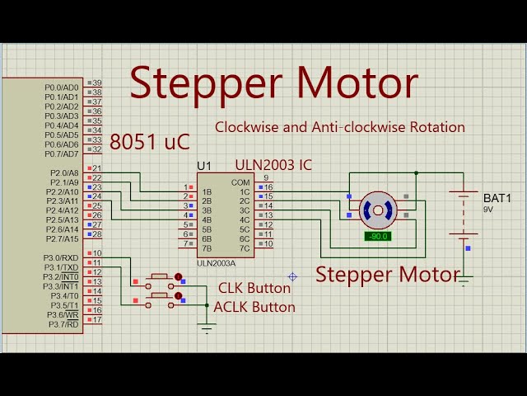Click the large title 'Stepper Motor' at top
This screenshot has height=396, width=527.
273,84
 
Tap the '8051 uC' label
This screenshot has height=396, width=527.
149,142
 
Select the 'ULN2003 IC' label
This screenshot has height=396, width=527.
273,165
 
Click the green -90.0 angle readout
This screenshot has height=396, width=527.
378,237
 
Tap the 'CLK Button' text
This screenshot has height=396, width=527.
254,288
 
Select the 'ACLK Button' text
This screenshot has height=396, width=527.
254,307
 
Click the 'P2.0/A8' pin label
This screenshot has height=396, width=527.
62,173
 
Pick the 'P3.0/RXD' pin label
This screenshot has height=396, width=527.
60,258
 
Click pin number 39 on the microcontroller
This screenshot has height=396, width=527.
96,82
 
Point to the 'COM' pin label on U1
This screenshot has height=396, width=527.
240,182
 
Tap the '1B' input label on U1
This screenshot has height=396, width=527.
208,192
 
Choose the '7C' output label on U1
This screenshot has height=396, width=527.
244,248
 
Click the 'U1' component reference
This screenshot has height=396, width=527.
204,166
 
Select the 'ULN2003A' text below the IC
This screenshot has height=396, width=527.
216,263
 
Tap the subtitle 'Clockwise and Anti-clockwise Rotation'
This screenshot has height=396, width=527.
340,127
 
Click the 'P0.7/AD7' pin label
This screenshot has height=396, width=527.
62,154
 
